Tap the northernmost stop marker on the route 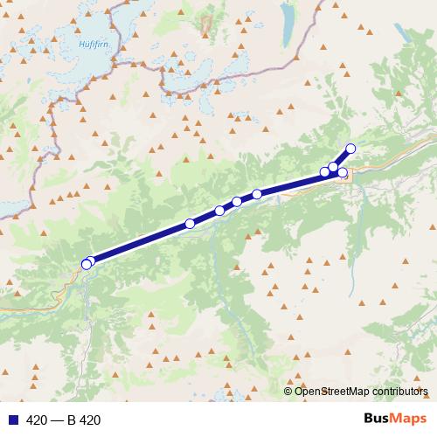351,148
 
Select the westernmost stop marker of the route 86,264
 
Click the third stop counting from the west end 190,224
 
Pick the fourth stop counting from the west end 219,211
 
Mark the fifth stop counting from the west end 237,203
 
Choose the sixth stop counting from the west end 257,194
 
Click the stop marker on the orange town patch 343,173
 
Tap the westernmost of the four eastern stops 325,171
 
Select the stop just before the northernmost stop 334,166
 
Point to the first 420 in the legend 37,420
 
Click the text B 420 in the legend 85,420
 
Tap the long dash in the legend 59,420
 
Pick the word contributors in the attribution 399,391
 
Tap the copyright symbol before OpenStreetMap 288,391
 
